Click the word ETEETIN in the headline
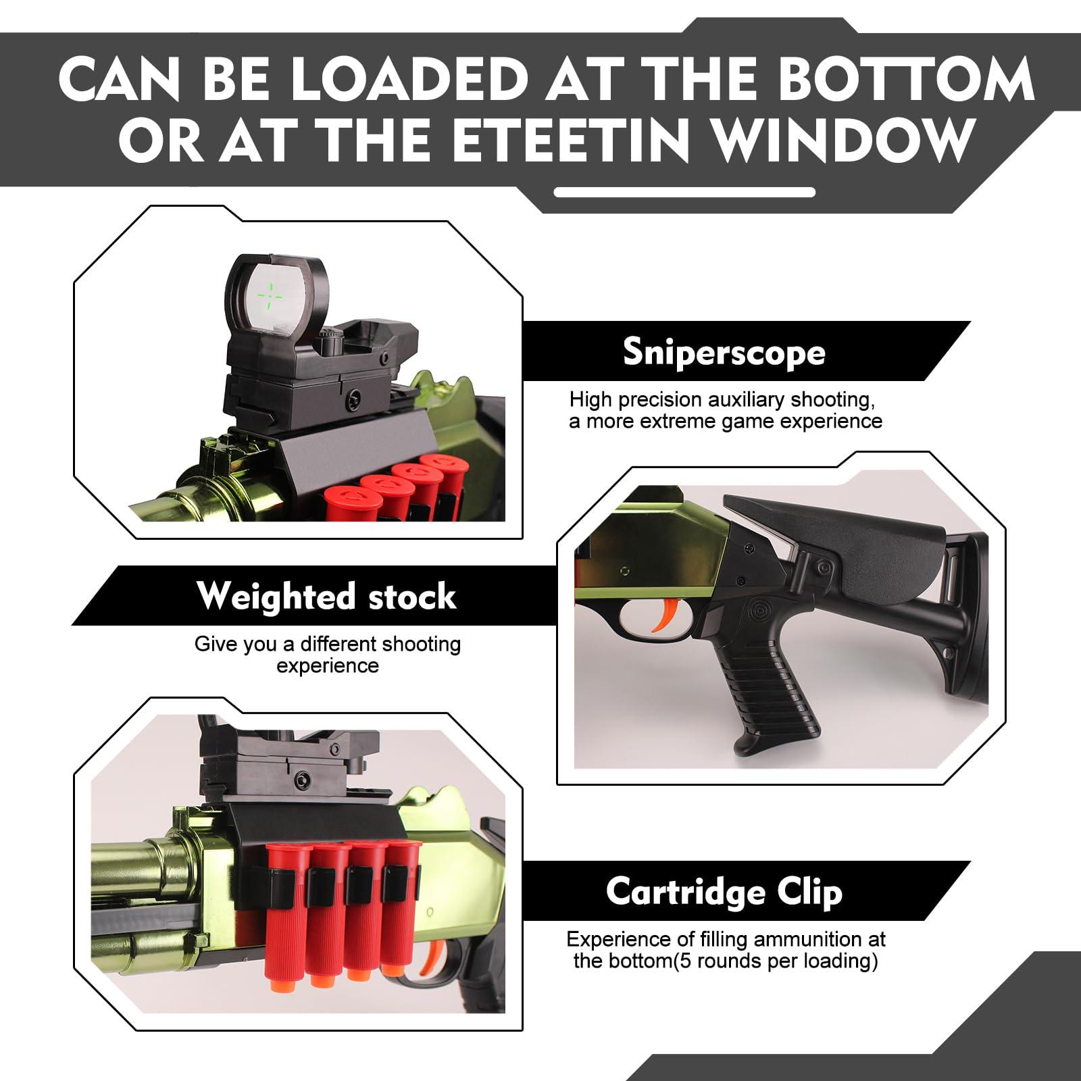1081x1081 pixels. click(571, 140)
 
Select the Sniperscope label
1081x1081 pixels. click(724, 351)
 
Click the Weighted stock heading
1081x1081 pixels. click(327, 596)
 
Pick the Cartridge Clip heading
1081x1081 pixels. click(724, 891)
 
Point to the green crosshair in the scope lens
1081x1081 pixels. click(270, 295)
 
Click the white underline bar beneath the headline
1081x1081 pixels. click(684, 192)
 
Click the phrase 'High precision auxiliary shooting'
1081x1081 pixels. click(722, 399)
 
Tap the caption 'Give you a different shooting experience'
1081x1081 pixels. click(328, 655)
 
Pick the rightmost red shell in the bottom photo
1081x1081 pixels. click(399, 905)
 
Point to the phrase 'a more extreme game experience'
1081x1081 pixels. click(726, 422)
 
